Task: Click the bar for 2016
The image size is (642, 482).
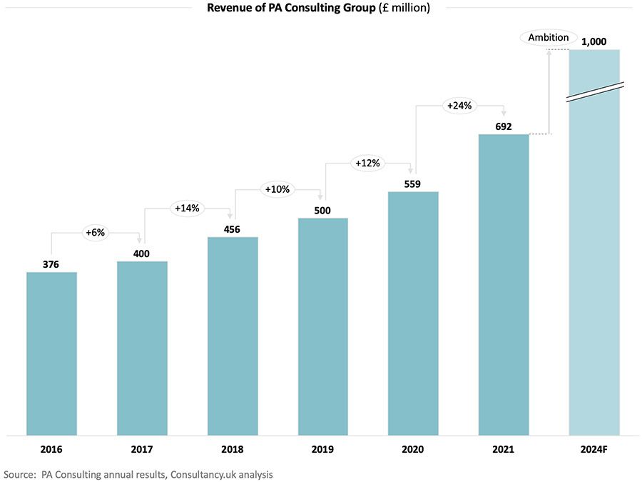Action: (51, 353)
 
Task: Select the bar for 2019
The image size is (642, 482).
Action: (322, 326)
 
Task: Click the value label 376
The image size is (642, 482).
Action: (51, 264)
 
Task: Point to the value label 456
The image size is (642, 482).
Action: (232, 229)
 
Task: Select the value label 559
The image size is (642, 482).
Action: (412, 184)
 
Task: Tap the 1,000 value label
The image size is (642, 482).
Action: (594, 41)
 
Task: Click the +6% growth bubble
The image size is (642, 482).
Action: (95, 233)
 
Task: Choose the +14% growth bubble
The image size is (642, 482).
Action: (187, 209)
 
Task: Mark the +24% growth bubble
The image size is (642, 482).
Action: (459, 106)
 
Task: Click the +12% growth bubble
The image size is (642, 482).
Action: (368, 164)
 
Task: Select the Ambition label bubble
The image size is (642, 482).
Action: (549, 37)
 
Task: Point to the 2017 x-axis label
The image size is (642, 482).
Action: (142, 449)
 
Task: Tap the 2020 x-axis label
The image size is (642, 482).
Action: (412, 449)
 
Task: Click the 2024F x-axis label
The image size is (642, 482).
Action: (594, 449)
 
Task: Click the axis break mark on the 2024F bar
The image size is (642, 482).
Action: (595, 92)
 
